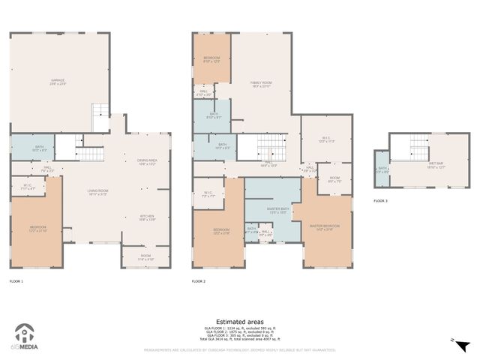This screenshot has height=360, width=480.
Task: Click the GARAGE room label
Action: pos(58,81)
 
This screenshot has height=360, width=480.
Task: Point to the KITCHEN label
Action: pos(147,217)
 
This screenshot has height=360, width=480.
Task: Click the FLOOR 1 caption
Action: pos(16,281)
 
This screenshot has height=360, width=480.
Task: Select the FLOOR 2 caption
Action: pos(199,281)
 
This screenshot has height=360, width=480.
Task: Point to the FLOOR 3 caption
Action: pos(382,201)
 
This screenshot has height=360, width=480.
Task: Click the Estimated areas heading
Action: pos(240,321)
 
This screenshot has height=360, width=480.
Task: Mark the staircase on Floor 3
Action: pos(417,146)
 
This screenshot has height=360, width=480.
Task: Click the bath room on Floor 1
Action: pos(32,148)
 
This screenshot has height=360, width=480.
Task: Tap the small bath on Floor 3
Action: pos(382,169)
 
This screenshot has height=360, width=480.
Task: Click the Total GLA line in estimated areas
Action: pos(240,340)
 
